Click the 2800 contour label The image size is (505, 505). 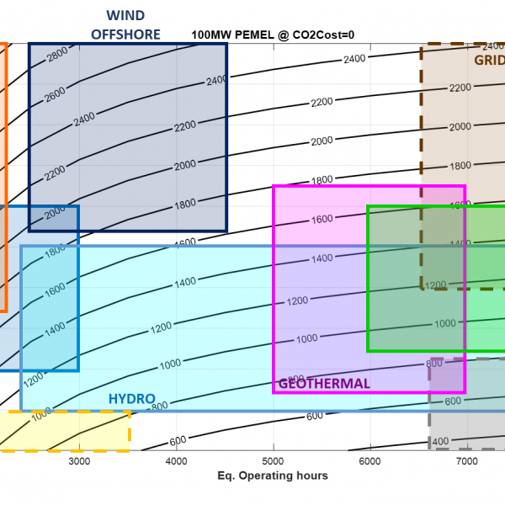click(x=57, y=55)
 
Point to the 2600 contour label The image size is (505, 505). click(x=55, y=95)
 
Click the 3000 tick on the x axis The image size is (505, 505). click(x=79, y=462)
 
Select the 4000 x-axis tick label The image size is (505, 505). click(x=176, y=462)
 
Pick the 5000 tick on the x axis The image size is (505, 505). click(x=273, y=462)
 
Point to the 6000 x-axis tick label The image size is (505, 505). click(x=369, y=462)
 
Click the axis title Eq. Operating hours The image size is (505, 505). click(x=272, y=476)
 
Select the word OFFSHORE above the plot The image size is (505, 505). click(x=126, y=34)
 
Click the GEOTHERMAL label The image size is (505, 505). click(x=324, y=384)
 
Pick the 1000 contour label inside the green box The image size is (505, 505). click(x=444, y=323)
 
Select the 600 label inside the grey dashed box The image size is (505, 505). click(x=453, y=401)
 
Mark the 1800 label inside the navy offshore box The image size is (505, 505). click(x=185, y=205)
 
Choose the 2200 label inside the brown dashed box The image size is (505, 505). click(x=460, y=88)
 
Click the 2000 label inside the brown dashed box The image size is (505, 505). click(x=460, y=126)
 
